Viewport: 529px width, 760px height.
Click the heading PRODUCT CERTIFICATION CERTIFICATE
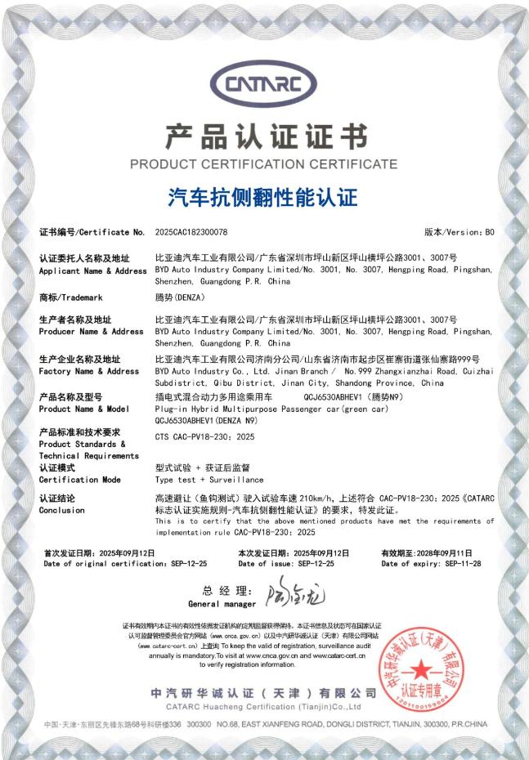point(264,163)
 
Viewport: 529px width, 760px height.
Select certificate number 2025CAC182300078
point(191,233)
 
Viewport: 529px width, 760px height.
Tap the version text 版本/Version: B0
point(460,233)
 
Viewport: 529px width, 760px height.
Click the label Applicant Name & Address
point(92,270)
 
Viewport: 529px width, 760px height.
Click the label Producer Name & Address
point(91,332)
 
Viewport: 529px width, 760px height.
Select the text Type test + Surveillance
point(198,480)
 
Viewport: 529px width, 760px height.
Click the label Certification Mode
point(79,480)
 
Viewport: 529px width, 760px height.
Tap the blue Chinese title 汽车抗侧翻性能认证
point(263,197)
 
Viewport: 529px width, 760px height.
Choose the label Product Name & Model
point(84,409)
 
